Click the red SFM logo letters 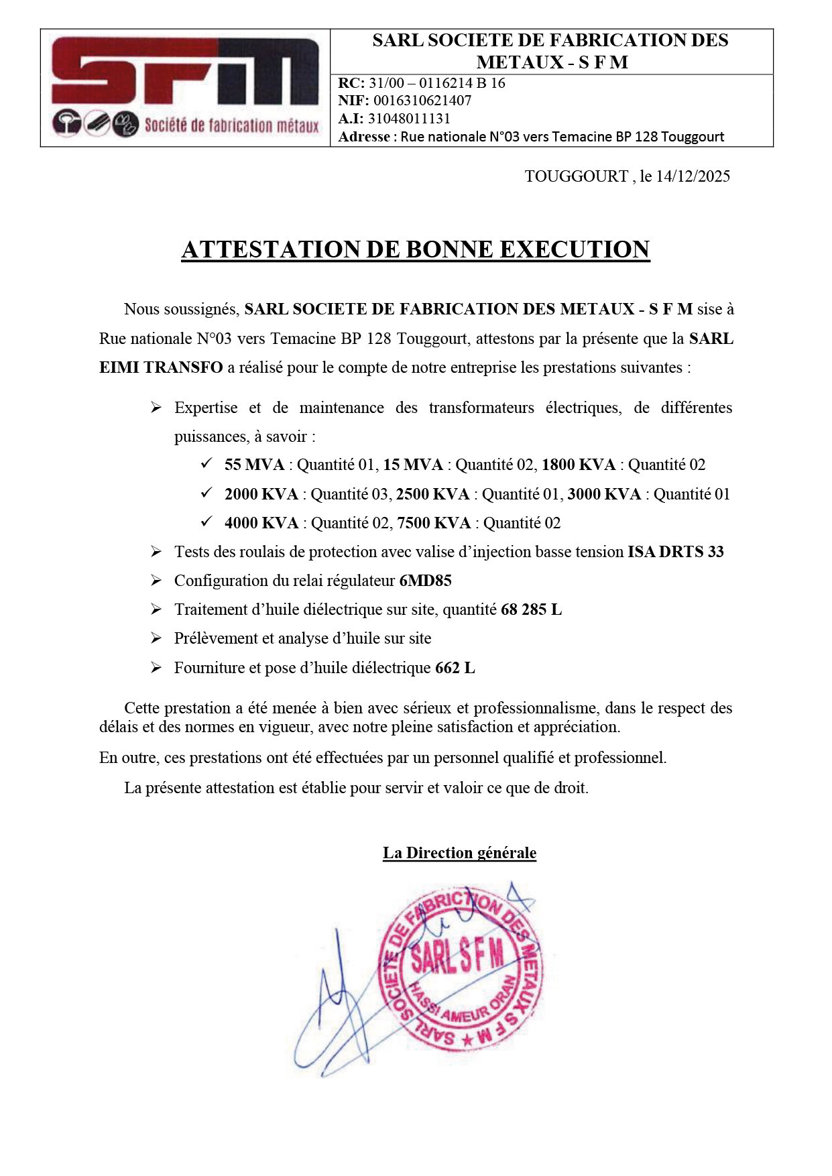185,72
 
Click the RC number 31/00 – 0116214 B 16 436,83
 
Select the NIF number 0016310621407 422,101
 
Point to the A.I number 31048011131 409,119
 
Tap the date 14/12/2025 693,176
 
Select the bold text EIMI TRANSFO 161,367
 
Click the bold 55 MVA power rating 254,465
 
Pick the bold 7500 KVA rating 433,523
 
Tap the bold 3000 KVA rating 604,494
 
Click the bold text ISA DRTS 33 675,552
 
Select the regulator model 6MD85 425,581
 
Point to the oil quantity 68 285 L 531,609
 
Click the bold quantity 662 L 455,668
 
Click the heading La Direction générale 459,853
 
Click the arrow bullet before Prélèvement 156,638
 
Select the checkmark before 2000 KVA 206,493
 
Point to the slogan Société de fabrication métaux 231,125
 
